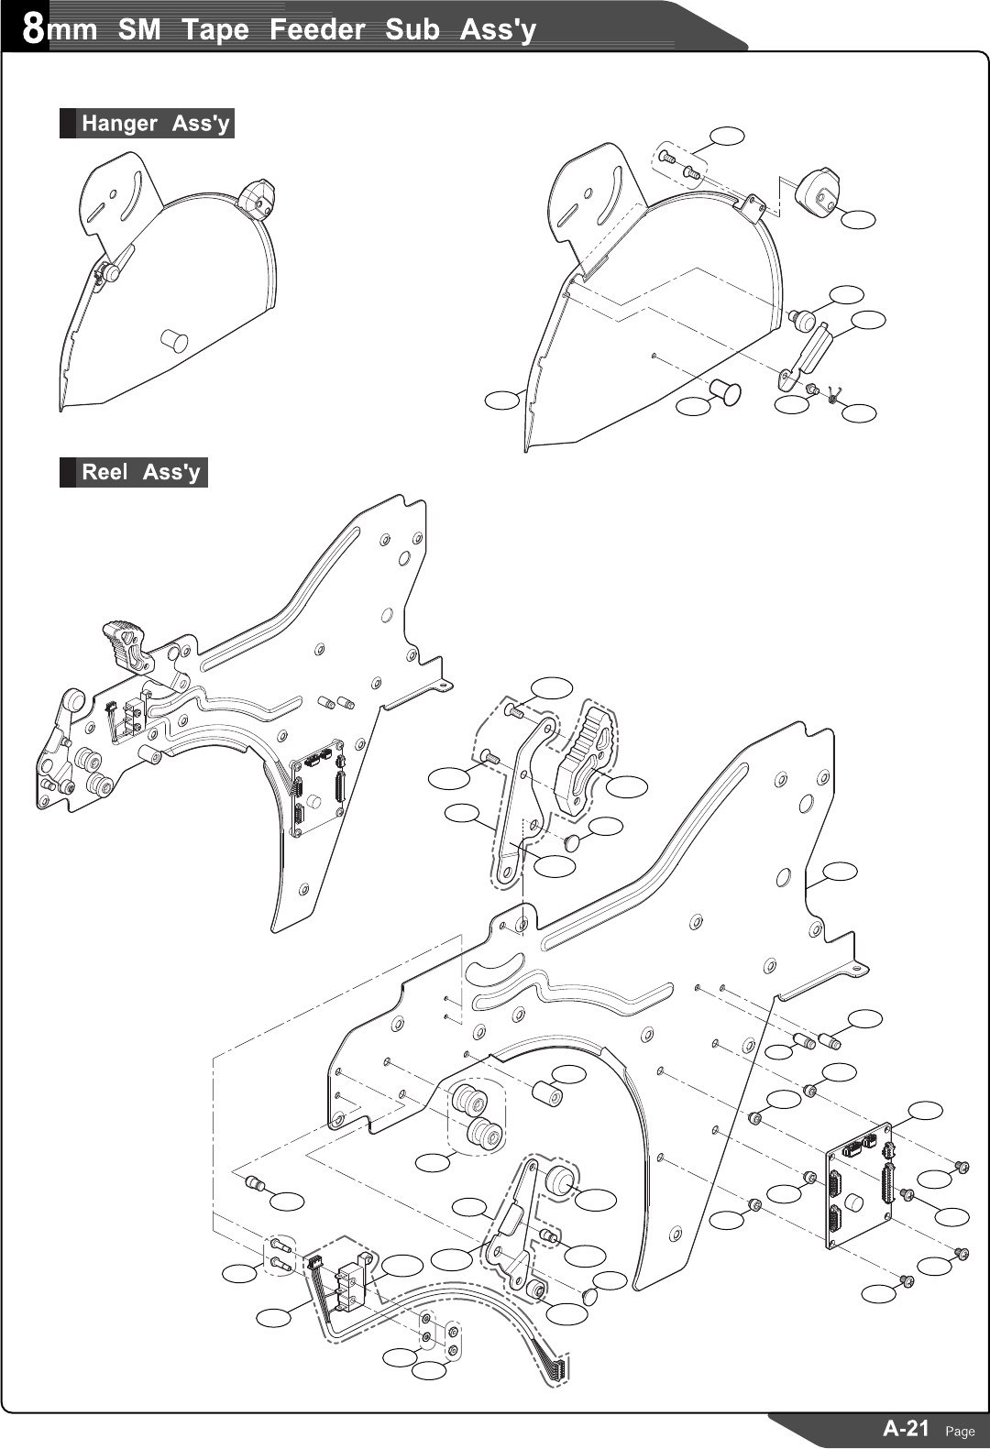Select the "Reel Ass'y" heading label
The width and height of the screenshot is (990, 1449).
[x=139, y=472]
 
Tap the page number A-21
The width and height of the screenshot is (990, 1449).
[x=906, y=1427]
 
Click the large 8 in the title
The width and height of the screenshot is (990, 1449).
[x=33, y=28]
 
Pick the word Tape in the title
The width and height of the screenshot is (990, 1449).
[x=214, y=29]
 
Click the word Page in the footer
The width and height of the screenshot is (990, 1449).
[x=960, y=1431]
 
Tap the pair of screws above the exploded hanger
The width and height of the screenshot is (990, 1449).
[x=680, y=166]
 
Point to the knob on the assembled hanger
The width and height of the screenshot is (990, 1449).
[x=256, y=199]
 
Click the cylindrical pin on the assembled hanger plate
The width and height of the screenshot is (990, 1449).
[x=173, y=340]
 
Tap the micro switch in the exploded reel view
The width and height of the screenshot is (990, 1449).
[x=349, y=1279]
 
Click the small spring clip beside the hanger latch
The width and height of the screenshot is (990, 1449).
[x=832, y=395]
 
